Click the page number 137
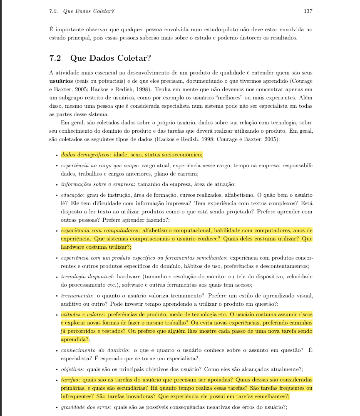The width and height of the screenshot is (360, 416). tap(308, 11)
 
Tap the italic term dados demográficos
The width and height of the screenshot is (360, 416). tap(84, 155)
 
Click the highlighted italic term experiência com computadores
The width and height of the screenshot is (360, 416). tap(99, 230)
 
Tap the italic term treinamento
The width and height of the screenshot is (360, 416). tap(77, 295)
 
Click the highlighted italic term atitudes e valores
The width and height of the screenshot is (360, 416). tap(83, 314)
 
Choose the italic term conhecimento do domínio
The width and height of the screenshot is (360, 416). tap(92, 349)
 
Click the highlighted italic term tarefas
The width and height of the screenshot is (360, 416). tap(70, 379)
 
